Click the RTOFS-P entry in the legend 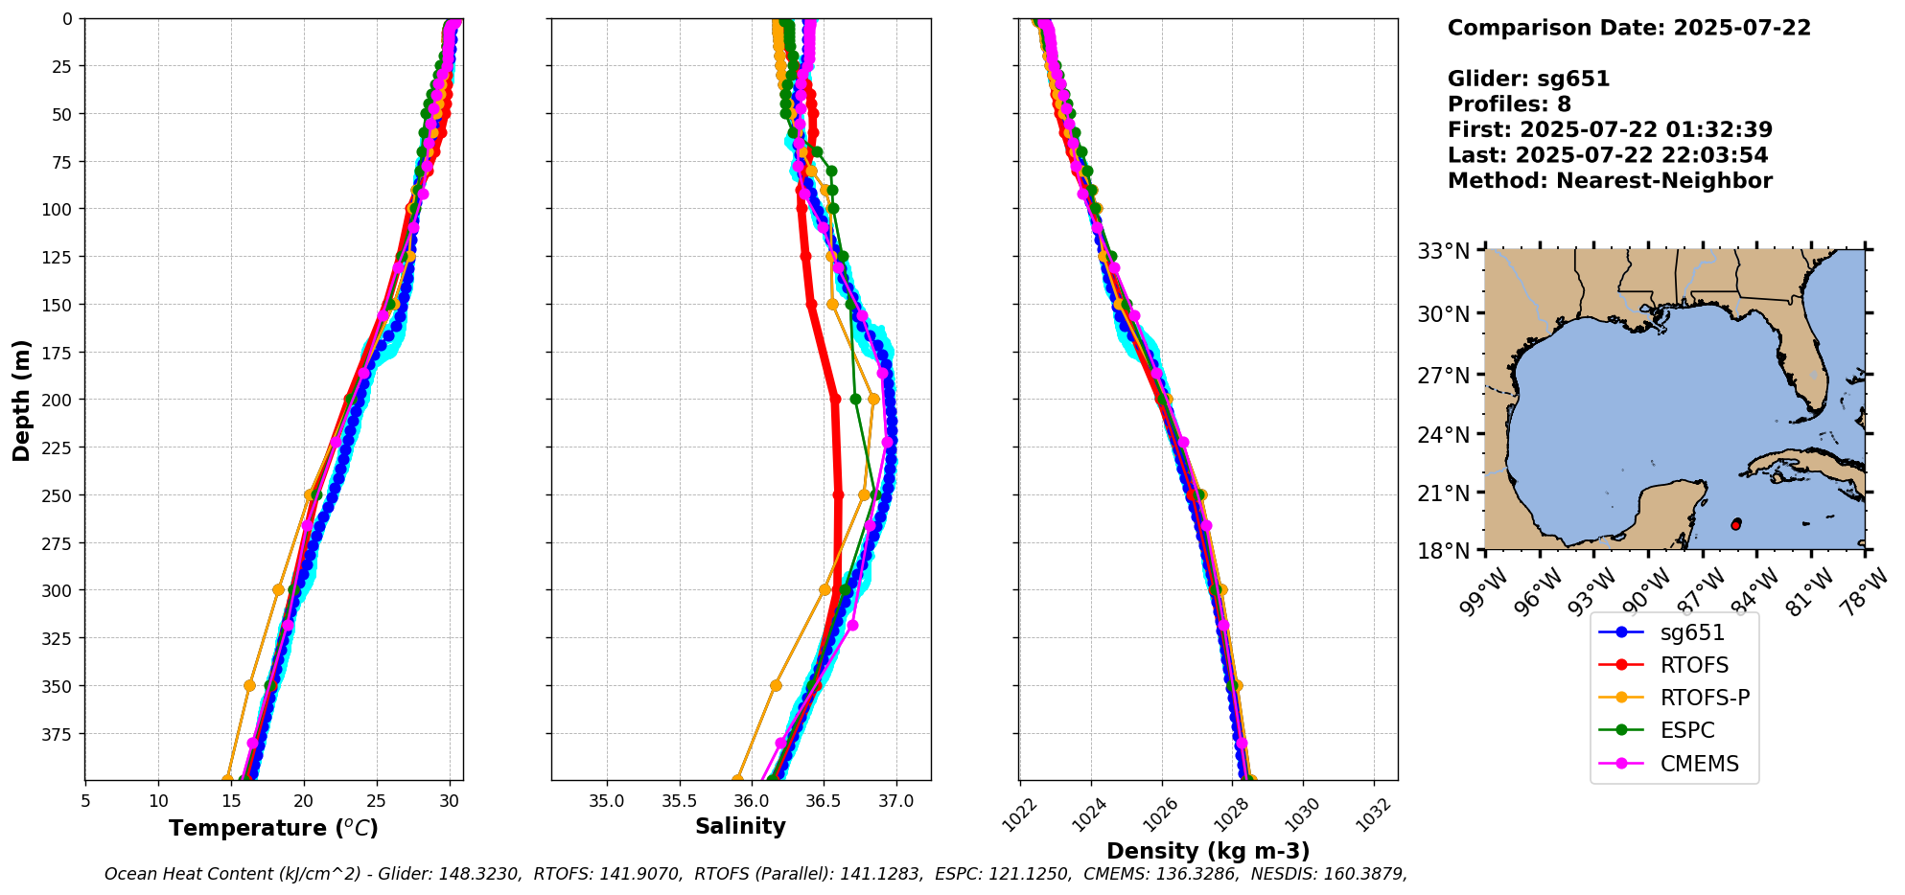(x=1705, y=698)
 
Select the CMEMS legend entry (x=1699, y=764)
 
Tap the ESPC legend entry (x=1686, y=730)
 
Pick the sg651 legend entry (x=1691, y=632)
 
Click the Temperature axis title (x=273, y=828)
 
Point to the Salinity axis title (x=740, y=826)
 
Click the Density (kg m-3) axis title (x=1208, y=851)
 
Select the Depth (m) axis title (x=21, y=400)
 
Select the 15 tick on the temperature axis (x=158, y=801)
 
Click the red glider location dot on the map (x=1735, y=525)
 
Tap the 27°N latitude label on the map (x=1444, y=375)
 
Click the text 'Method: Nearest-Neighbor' (x=1610, y=180)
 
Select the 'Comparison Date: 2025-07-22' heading (x=1629, y=28)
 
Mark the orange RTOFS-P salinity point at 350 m (x=776, y=685)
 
